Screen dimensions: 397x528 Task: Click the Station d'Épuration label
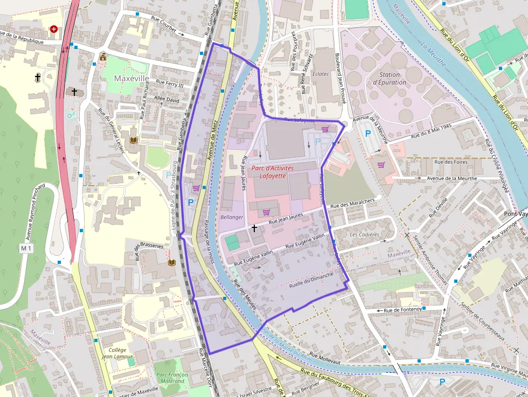pyautogui.click(x=389, y=78)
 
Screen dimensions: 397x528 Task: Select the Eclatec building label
pyautogui.click(x=321, y=73)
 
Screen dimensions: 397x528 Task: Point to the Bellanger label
pyautogui.click(x=232, y=217)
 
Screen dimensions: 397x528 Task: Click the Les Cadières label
pyautogui.click(x=364, y=235)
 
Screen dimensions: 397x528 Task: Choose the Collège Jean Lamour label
pyautogui.click(x=117, y=353)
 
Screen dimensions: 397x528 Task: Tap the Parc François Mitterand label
pyautogui.click(x=172, y=378)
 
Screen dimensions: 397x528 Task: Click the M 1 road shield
pyautogui.click(x=26, y=248)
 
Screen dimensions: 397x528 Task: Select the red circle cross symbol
pyautogui.click(x=54, y=29)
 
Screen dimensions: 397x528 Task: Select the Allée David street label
pyautogui.click(x=166, y=100)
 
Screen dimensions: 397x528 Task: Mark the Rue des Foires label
pyautogui.click(x=451, y=162)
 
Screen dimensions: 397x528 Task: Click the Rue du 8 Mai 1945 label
pyautogui.click(x=431, y=130)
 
